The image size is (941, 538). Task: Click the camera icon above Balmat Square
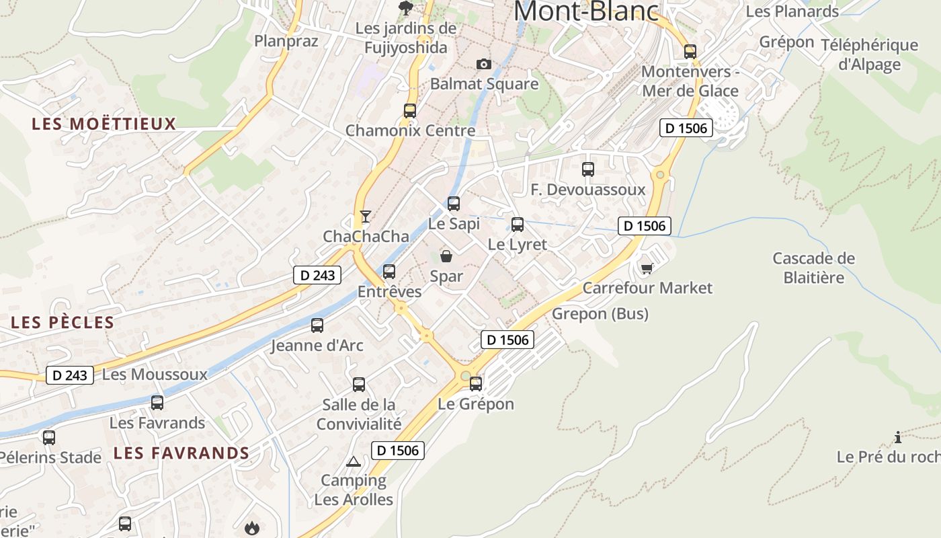pos(483,65)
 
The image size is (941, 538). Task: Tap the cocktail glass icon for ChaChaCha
pos(365,217)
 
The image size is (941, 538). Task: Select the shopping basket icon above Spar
pos(446,256)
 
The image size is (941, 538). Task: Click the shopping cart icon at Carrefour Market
pos(647,268)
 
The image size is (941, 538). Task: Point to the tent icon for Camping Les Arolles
pos(354,461)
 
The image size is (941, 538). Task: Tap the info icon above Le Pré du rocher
pos(898,438)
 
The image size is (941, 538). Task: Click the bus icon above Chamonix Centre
pos(410,111)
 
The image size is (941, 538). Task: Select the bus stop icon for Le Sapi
pos(454,204)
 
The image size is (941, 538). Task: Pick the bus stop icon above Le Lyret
pos(518,225)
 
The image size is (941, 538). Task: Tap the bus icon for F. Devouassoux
pos(588,169)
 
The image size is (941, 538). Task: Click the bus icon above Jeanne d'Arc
pos(317,325)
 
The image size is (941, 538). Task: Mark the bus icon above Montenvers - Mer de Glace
pos(690,52)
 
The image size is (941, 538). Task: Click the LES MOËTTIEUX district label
pos(104,124)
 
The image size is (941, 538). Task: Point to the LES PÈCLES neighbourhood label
pos(63,322)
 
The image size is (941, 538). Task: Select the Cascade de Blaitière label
pos(813,268)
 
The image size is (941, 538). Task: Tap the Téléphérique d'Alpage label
pos(869,54)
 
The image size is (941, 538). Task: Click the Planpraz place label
pos(286,41)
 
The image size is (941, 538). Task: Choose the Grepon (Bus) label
pos(600,313)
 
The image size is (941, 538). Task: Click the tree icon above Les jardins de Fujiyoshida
pos(406,8)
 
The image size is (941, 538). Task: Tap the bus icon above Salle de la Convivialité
pos(359,385)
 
